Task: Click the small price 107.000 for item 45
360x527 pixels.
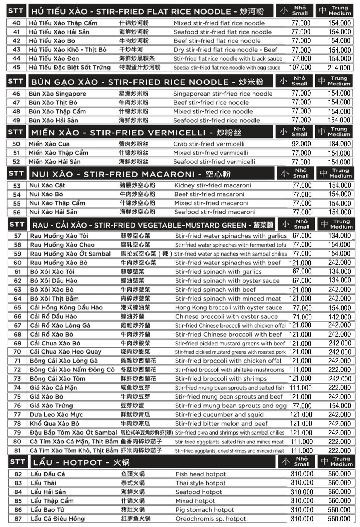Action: (x=300, y=67)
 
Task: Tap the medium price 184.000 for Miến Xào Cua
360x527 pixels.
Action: (x=339, y=144)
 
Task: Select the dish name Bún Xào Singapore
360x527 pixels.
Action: (x=57, y=94)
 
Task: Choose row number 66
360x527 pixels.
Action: (x=17, y=316)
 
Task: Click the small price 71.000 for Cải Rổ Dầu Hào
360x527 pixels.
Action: (x=302, y=317)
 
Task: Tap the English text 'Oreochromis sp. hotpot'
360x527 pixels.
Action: (x=211, y=519)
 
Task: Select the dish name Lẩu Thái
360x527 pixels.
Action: (x=43, y=483)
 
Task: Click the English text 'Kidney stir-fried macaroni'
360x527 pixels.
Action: (x=212, y=185)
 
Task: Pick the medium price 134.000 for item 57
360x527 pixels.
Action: (x=339, y=236)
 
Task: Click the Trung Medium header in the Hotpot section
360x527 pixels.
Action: (x=337, y=461)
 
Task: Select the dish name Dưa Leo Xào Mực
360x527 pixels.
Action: (x=56, y=414)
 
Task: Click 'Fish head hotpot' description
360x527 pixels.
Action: (x=201, y=474)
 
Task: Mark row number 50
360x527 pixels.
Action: (x=16, y=144)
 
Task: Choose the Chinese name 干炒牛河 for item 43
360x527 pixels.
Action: (x=131, y=50)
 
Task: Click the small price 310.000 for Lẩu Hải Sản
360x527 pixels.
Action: (x=302, y=492)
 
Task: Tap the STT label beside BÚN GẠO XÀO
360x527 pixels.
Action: (x=15, y=81)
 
